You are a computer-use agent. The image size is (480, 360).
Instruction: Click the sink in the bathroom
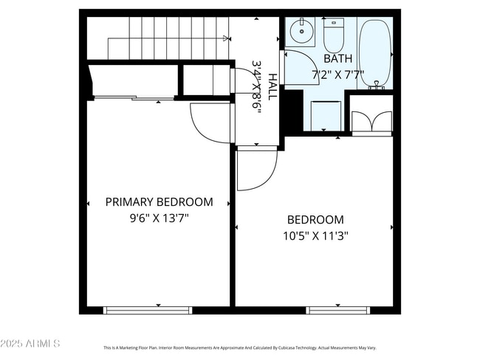[x=301, y=32]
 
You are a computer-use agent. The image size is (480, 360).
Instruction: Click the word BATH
[x=338, y=58]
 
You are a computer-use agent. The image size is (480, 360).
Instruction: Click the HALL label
[x=272, y=87]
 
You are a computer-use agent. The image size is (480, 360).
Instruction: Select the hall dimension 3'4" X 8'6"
[x=257, y=86]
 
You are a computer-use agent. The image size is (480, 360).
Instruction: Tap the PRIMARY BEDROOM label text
[x=159, y=201]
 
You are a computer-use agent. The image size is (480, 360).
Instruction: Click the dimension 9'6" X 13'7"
[x=159, y=218]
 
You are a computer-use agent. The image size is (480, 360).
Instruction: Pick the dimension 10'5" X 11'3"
[x=315, y=236]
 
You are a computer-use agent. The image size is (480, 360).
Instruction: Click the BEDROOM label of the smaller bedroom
[x=315, y=220]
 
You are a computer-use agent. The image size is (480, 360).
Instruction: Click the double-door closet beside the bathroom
[x=371, y=122]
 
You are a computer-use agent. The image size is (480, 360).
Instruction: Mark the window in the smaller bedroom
[x=337, y=310]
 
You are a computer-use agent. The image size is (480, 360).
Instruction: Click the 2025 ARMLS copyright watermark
[x=30, y=344]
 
